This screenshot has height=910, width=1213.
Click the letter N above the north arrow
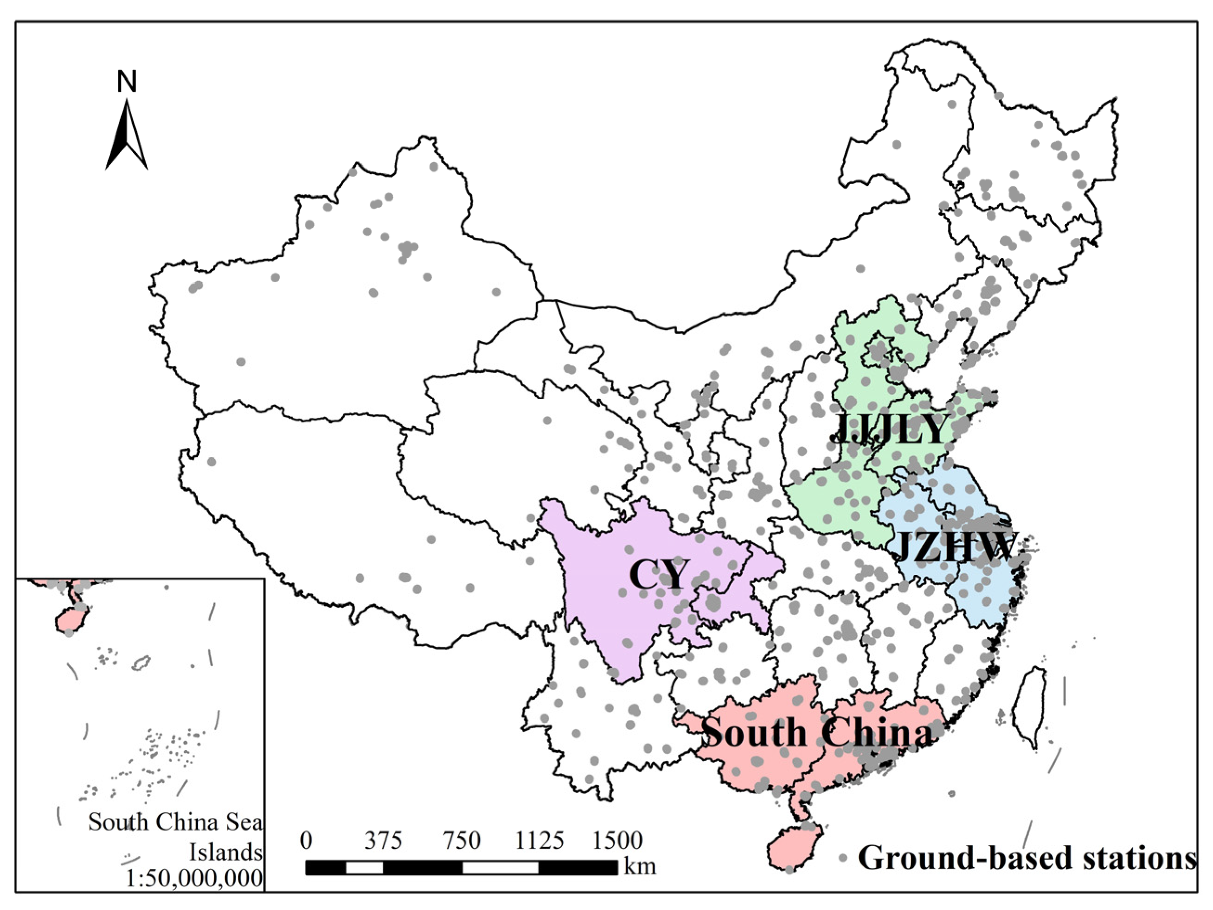pos(127,82)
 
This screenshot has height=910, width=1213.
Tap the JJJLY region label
pos(890,429)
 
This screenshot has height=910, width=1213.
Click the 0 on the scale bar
pos(307,840)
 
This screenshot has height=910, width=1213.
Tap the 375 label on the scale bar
pos(383,840)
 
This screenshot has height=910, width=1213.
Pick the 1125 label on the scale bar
pos(539,840)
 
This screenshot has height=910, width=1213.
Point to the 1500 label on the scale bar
pos(617,840)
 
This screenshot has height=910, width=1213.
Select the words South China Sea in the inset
pos(175,822)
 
